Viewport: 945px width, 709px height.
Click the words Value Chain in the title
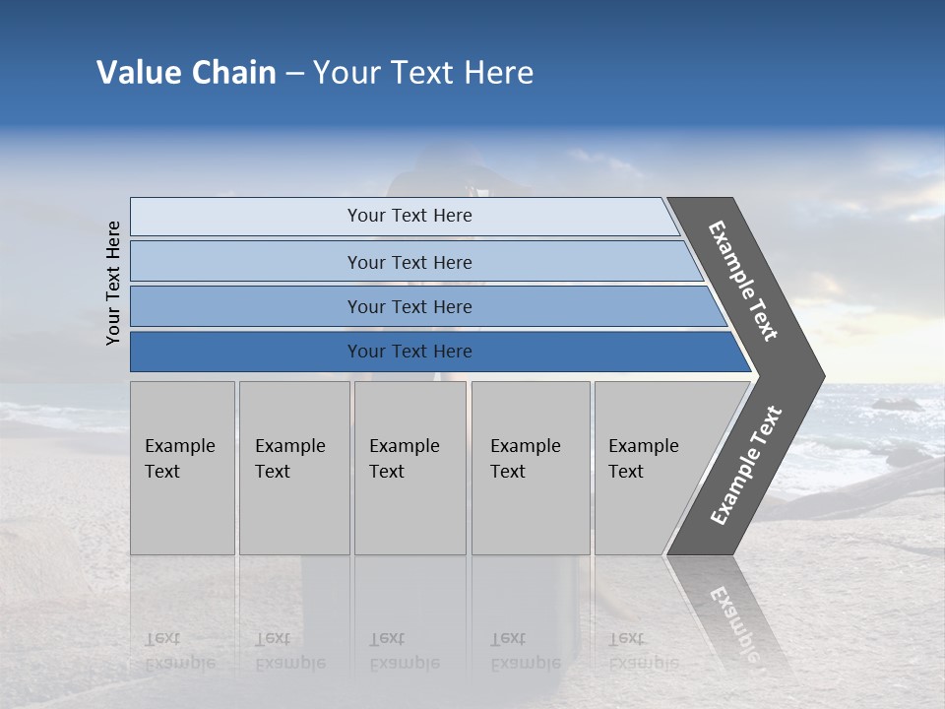[186, 73]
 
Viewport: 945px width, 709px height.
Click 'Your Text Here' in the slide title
[423, 73]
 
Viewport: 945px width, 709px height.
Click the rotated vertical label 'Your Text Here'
[113, 283]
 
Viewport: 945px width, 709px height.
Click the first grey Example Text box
[182, 468]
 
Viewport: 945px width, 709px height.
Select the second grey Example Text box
[293, 468]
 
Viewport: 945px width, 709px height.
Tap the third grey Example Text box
[409, 468]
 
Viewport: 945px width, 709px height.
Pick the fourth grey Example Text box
[530, 468]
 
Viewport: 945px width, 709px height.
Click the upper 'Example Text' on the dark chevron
[743, 281]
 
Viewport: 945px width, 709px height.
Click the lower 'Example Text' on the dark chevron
[746, 466]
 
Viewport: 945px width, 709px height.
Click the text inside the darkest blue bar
[409, 352]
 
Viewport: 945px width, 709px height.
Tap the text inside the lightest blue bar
[409, 216]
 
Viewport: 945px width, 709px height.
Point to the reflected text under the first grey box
[179, 651]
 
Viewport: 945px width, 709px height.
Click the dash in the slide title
[294, 74]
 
